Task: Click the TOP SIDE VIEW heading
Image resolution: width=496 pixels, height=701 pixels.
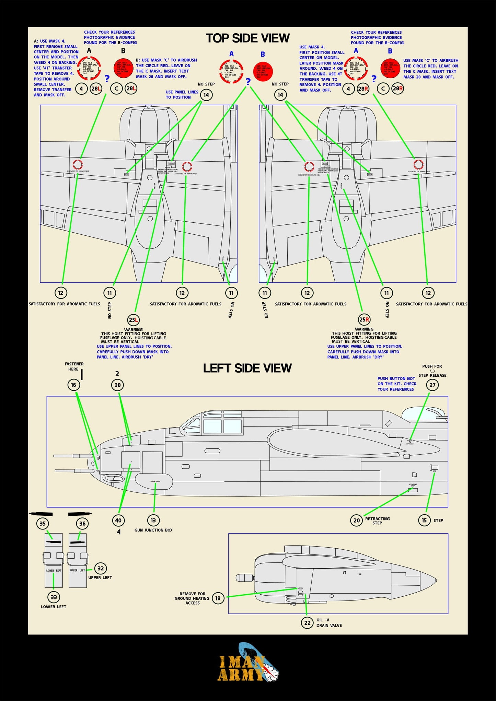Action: pos(247,38)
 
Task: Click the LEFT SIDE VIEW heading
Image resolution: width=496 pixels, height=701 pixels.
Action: pos(247,368)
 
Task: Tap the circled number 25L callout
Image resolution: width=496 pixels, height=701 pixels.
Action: pos(133,320)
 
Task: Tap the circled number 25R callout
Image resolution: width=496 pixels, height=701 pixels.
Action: pos(364,319)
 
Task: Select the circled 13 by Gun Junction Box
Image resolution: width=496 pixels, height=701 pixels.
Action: pos(153,520)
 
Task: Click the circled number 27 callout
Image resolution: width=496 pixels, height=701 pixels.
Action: pos(432,385)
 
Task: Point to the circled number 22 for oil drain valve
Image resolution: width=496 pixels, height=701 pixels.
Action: pos(307,622)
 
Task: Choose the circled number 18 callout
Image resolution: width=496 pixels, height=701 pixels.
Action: pos(218,598)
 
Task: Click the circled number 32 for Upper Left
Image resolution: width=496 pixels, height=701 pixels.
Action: pos(100,568)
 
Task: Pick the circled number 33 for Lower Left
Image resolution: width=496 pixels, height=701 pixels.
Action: pos(54,597)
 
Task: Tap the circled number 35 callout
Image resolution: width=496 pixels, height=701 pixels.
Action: pos(43,524)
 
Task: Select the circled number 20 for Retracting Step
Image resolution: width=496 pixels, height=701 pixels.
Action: pos(357,520)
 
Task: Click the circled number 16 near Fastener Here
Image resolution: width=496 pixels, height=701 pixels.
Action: pos(73,385)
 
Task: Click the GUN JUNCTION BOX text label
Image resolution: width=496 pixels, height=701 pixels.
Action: pos(153,530)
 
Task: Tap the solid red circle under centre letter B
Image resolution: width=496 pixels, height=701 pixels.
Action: pos(263,71)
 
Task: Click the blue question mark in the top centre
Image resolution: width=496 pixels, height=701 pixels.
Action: pos(248,82)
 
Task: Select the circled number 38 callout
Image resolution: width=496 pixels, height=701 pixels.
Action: pos(117,385)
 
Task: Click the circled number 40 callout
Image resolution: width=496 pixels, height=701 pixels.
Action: pos(118,520)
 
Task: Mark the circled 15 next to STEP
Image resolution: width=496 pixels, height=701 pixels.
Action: pos(424,520)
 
